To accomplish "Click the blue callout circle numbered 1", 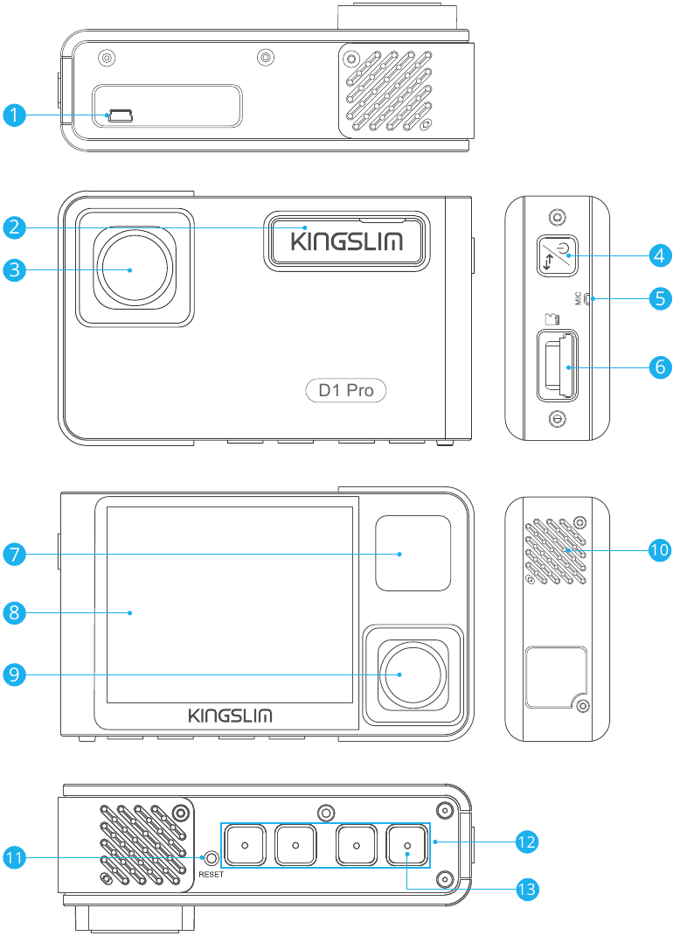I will click(x=13, y=115).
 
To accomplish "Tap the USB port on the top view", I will click(x=120, y=115).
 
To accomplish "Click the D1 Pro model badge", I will click(x=346, y=390).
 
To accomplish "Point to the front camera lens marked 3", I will click(x=130, y=269).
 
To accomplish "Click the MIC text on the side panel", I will click(x=578, y=299).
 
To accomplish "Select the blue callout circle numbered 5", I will click(x=660, y=298).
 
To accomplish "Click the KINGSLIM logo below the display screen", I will click(x=231, y=716).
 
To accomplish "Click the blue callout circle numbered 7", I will click(x=13, y=553).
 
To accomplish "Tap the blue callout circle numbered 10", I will click(x=660, y=549).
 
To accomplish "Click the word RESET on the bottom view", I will click(x=212, y=874).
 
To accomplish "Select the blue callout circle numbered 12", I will click(x=525, y=842).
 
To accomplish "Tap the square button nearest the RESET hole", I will click(x=245, y=845).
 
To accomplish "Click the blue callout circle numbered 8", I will click(x=13, y=612).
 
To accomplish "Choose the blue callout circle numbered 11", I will click(x=13, y=858).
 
